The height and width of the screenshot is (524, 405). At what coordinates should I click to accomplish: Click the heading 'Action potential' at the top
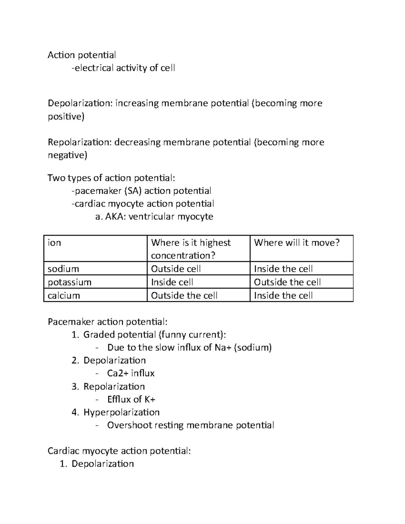pos(82,55)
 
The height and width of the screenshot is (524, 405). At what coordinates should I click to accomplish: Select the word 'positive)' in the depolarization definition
pos(66,117)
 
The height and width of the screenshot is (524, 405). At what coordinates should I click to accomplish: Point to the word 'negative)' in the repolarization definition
pos(67,156)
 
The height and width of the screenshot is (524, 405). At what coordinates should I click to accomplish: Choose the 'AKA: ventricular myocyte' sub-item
pos(154,217)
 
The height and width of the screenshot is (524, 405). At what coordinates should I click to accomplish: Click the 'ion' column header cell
pos(54,243)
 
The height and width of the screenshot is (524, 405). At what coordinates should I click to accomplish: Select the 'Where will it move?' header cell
pos(297,243)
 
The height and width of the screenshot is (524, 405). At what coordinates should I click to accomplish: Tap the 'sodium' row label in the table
pos(63,269)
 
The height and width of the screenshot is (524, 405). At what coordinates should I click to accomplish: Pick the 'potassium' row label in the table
pos(70,282)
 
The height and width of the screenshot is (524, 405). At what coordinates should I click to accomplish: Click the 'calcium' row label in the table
pos(64,296)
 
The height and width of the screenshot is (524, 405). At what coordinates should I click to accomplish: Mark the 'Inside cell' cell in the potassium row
pos(172,282)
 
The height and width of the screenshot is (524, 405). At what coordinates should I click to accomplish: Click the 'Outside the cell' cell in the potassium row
pos(287,282)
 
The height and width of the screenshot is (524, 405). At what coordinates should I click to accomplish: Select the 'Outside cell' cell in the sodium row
pos(176,269)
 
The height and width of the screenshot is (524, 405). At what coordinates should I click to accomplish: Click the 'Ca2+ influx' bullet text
pos(131,374)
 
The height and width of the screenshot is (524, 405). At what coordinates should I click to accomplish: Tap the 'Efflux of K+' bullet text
pos(131,399)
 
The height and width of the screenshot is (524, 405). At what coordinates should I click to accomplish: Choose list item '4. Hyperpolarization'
pos(116,412)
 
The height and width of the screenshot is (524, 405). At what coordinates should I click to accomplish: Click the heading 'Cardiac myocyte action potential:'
pos(119,451)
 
